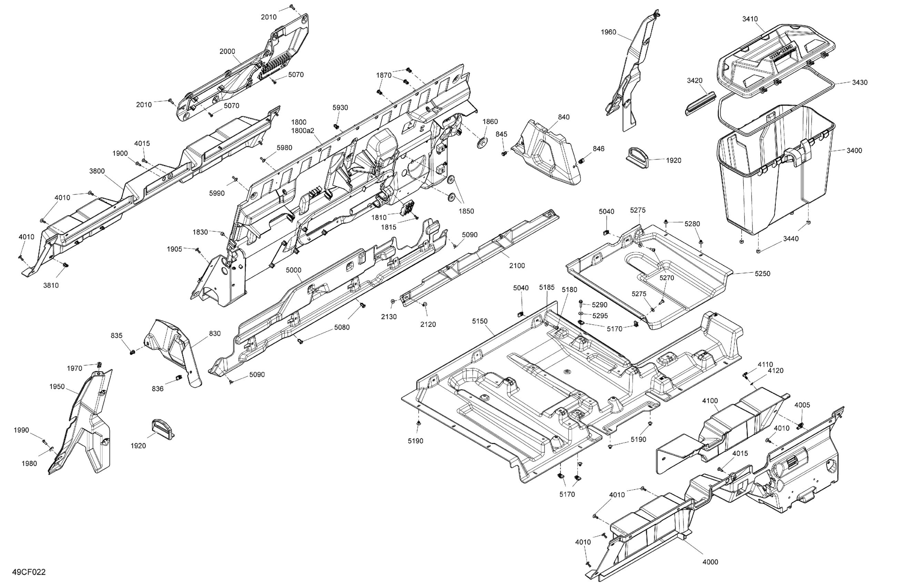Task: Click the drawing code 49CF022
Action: tap(29, 572)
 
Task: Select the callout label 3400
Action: tap(854, 151)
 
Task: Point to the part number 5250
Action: tap(762, 273)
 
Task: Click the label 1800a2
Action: tap(302, 131)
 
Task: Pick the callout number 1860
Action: tap(490, 122)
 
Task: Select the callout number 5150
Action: tap(480, 321)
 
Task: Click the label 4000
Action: tap(710, 562)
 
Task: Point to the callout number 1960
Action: tap(609, 32)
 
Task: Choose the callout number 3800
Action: tap(97, 171)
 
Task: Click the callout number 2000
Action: tap(227, 52)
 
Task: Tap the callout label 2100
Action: tap(517, 266)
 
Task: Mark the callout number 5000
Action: tap(294, 270)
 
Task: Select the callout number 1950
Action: tap(57, 387)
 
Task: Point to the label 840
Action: tap(564, 117)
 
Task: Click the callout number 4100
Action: tap(710, 401)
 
